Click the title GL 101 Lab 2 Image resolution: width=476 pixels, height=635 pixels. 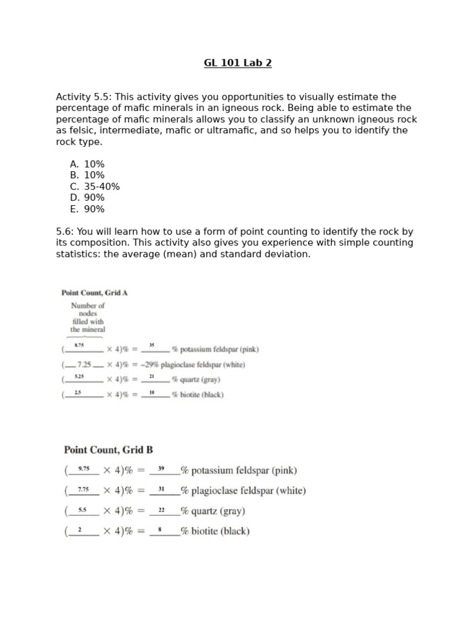(237, 63)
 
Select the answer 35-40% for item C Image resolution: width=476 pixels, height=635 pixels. (102, 187)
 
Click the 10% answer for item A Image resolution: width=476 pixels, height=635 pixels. (94, 164)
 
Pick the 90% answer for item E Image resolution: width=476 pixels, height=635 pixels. (94, 209)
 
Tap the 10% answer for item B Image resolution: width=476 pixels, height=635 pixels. (94, 175)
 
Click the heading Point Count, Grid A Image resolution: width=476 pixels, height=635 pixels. (94, 293)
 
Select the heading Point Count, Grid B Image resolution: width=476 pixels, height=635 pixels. (108, 450)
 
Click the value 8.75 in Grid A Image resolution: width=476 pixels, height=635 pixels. (79, 345)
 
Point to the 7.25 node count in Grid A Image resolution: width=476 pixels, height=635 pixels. (84, 365)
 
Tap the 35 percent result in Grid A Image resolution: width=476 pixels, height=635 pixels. (152, 345)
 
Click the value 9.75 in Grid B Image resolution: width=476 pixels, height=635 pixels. (84, 469)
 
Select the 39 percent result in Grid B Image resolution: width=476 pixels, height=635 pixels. (161, 469)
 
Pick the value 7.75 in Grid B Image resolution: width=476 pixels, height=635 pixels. (83, 490)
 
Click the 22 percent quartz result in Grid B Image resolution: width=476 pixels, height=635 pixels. (161, 510)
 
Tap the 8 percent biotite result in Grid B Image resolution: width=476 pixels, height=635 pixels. (161, 530)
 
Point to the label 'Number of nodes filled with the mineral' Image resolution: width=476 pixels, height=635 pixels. (88, 317)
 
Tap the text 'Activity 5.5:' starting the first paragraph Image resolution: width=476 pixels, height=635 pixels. (84, 97)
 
